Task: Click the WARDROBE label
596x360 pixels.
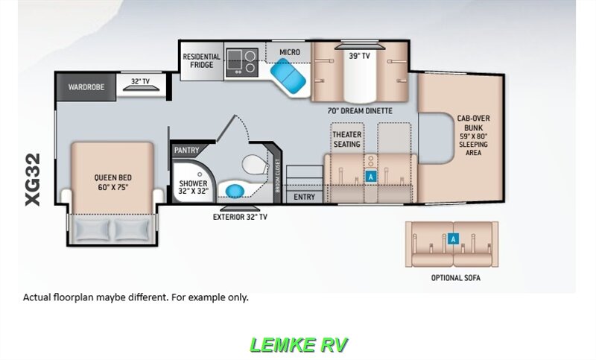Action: (86, 87)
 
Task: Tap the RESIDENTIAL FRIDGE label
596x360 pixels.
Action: (201, 61)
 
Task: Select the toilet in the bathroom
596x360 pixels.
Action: (256, 164)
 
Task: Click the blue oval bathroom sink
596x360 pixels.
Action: (235, 191)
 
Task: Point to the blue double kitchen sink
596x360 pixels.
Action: (288, 73)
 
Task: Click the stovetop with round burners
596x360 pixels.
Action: (242, 61)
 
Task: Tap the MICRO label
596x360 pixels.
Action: (290, 52)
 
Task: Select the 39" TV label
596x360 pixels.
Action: (359, 56)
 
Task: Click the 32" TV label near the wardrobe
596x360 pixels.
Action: (140, 81)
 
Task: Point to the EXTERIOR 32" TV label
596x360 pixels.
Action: (240, 217)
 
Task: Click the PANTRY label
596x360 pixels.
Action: (186, 150)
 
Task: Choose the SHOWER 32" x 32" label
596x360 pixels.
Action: (194, 187)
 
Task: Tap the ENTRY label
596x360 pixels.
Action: (304, 197)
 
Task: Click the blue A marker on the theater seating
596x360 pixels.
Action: (370, 177)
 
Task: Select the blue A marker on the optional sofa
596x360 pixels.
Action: (453, 239)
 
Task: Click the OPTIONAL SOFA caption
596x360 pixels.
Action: (456, 278)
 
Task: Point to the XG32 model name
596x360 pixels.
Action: (33, 180)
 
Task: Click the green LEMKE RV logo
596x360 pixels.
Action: (299, 345)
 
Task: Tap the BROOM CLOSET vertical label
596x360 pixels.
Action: (277, 176)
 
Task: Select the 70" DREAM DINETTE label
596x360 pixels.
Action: (360, 111)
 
